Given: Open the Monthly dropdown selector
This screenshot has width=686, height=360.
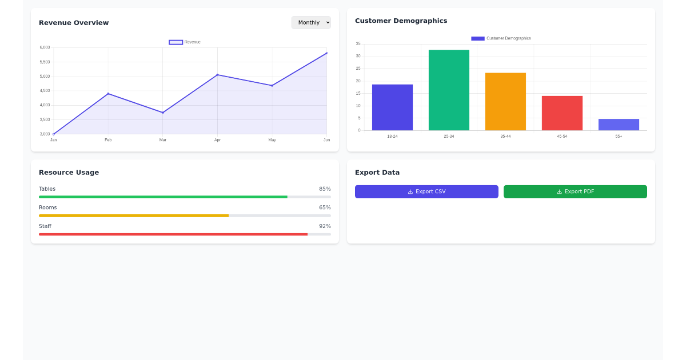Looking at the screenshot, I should point(311,22).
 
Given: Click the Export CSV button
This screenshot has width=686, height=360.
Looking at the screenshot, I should point(426,191).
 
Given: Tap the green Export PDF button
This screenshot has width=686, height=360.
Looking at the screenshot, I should point(575,191).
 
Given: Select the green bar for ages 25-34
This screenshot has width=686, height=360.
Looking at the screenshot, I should point(449,90).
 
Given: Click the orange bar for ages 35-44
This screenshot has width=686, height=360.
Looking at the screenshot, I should point(505,102).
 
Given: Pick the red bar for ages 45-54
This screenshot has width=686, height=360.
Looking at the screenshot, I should point(562,113).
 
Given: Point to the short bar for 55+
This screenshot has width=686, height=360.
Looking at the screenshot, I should point(619,125).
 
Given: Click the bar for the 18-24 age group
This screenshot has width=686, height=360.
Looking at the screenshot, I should point(392,107).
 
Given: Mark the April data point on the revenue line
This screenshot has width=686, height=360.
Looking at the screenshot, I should point(217,75).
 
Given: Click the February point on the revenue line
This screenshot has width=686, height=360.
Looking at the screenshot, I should point(108,94).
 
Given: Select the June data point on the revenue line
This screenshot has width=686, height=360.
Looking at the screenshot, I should point(326,53).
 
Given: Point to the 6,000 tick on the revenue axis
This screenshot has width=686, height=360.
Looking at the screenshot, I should point(45,47).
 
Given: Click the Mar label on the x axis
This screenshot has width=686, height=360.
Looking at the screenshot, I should point(163,140).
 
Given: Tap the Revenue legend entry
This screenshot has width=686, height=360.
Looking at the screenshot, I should point(185,42).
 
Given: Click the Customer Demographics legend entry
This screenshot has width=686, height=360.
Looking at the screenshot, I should point(501,38).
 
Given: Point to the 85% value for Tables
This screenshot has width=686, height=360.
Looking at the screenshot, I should point(325,189).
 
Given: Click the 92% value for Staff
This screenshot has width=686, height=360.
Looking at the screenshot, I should point(325,226).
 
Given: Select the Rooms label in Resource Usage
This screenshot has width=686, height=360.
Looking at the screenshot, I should point(48,207).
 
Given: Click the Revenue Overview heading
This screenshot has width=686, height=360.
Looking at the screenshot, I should point(74,23).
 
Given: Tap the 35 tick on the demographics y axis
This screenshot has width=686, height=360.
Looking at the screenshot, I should point(358,44).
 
